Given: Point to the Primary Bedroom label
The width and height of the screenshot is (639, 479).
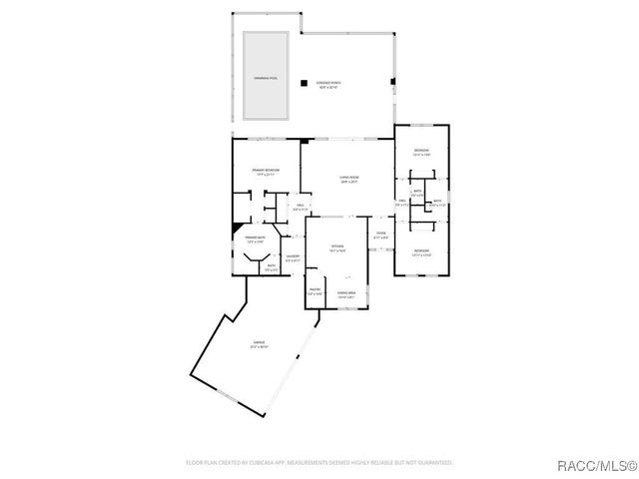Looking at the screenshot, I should point(265,172).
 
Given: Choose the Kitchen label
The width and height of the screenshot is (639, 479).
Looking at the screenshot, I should point(337,247).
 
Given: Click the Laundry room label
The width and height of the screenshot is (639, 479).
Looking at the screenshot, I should point(293,258).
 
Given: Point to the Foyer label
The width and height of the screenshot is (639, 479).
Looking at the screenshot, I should point(380,236).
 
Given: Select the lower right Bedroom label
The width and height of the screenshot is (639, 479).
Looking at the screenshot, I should point(421,251).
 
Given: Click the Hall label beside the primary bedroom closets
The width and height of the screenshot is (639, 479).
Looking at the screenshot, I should point(300,207).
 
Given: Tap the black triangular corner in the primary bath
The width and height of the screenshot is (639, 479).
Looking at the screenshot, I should point(237,229).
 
